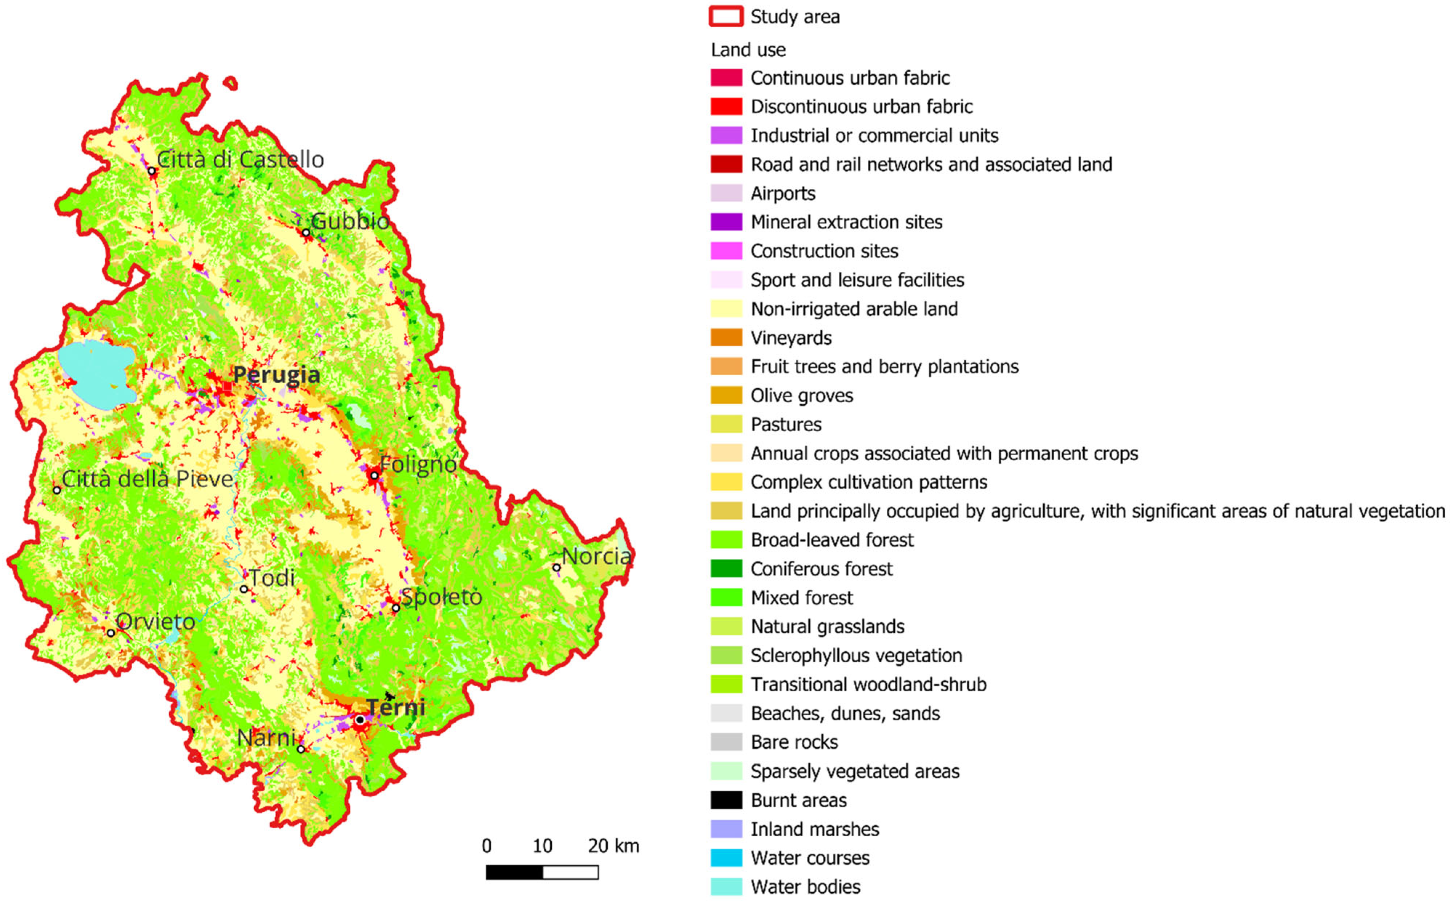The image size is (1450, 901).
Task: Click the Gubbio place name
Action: pos(350,222)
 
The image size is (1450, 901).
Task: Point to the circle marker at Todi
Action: pos(244,589)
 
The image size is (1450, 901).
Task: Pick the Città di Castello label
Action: pos(240,160)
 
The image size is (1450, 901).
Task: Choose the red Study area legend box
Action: pos(726,17)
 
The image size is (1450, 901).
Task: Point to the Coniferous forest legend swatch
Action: pos(726,569)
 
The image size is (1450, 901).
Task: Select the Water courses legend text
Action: pos(810,858)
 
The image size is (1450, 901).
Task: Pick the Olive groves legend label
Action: pos(802,396)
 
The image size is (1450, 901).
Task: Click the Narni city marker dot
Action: pos(301,749)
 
